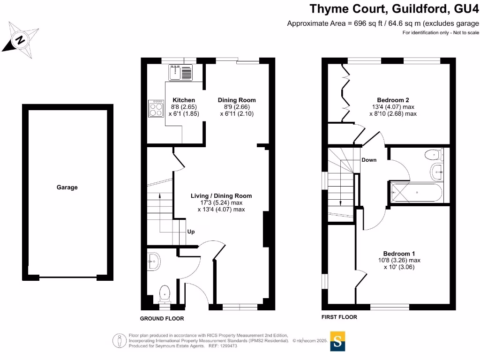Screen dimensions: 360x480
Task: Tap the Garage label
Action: coord(67,187)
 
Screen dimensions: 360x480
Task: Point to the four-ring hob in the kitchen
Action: coord(155,109)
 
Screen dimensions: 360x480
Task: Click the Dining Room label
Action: coord(237,100)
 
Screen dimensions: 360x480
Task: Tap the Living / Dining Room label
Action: coord(221,196)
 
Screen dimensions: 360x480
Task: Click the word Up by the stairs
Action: coord(191,232)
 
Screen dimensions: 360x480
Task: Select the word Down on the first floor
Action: coord(369,160)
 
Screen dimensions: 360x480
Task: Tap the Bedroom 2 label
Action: coord(393,100)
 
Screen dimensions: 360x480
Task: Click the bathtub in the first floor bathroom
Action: coord(416,193)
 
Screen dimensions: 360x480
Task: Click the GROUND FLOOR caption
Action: coord(162,319)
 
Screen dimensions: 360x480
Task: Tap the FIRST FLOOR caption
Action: coord(339,317)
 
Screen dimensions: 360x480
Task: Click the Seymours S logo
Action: coord(337,342)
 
